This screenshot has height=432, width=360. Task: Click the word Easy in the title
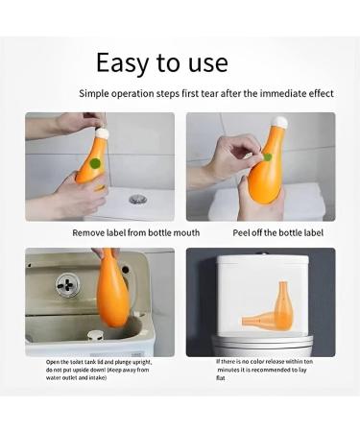point(120,63)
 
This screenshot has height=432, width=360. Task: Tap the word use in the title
point(204,63)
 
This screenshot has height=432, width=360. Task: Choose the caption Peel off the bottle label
point(278,232)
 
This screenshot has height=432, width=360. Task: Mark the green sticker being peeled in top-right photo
point(267,156)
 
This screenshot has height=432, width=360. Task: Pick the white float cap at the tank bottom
point(94,337)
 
